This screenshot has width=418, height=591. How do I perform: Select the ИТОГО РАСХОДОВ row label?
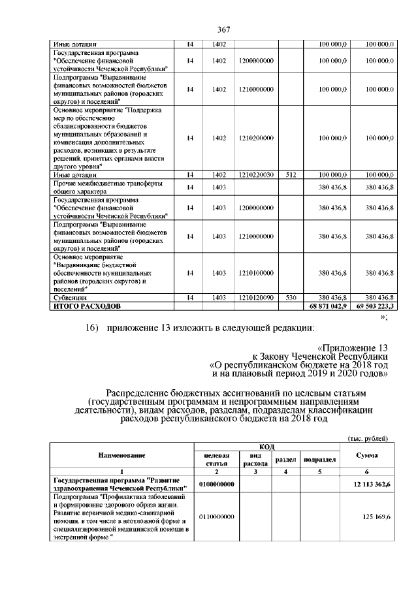[87, 305]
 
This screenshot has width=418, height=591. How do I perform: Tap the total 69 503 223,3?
[373, 305]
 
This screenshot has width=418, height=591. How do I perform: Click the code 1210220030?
[255, 175]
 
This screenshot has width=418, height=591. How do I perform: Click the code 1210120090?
[255, 297]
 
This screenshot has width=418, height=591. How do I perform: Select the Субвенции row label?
[70, 297]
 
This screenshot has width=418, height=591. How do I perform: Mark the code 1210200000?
[255, 138]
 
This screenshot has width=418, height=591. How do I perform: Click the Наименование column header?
[121, 455]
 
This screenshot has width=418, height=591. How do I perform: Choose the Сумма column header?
[368, 455]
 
